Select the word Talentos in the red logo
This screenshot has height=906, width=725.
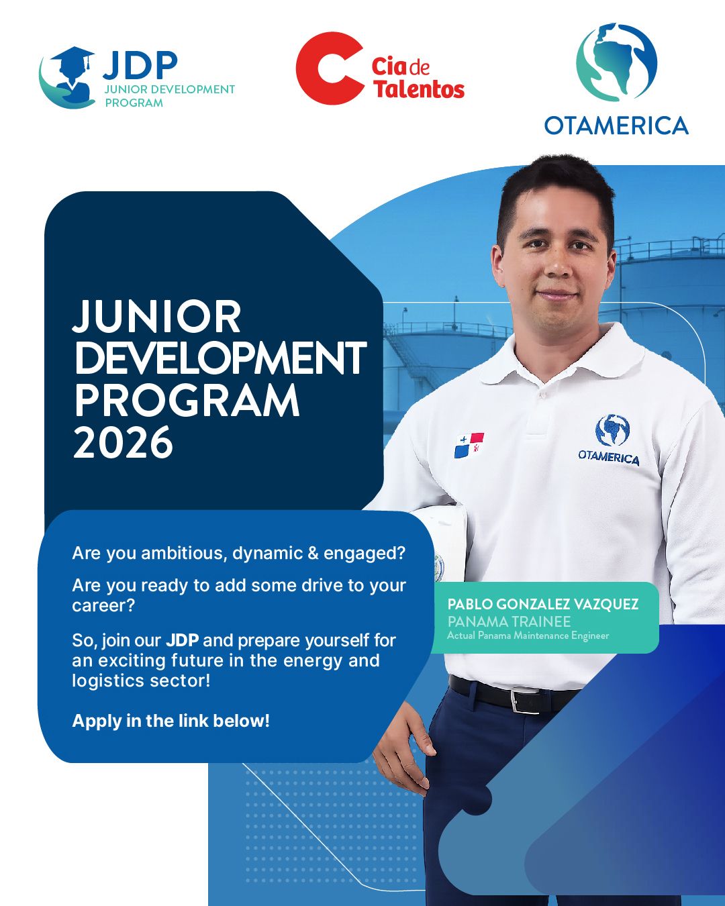tap(420, 89)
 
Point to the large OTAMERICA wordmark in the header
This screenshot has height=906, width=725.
tap(616, 125)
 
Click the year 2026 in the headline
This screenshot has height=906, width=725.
tap(123, 442)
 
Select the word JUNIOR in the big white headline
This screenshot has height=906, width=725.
tap(157, 316)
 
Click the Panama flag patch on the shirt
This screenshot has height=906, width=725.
tap(469, 445)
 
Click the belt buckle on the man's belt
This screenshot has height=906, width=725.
tap(526, 701)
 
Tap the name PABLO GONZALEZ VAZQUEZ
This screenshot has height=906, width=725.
tap(542, 604)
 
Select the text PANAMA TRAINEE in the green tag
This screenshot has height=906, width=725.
tap(509, 621)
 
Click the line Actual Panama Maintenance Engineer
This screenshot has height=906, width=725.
tap(528, 636)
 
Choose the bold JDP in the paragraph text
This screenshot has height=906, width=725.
tap(182, 640)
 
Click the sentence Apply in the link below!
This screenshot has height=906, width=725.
tap(171, 721)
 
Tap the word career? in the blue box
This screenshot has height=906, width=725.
tap(103, 605)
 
